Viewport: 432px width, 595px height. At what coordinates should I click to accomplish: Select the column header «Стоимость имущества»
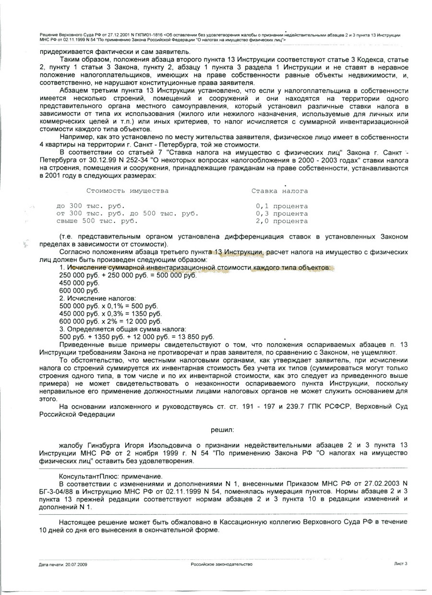127,191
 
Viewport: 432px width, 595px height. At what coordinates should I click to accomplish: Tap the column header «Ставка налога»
279,191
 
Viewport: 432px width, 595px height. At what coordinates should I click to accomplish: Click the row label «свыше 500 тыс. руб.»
97,222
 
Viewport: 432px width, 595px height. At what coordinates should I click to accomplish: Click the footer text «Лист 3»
400,564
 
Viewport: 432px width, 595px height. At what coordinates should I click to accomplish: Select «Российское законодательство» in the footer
221,564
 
